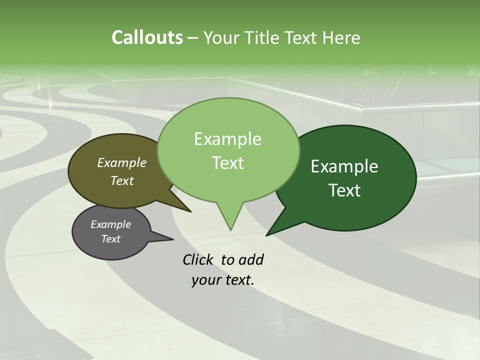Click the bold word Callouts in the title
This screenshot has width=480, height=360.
click(x=147, y=37)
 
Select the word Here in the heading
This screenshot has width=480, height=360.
click(x=341, y=37)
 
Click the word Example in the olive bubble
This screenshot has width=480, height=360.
click(x=122, y=162)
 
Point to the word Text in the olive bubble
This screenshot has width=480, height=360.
click(x=122, y=180)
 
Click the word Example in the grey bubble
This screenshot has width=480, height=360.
click(x=110, y=224)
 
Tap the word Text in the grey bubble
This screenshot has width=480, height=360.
click(x=110, y=239)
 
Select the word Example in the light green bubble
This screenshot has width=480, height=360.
click(x=227, y=139)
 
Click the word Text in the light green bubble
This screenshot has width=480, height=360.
click(x=227, y=163)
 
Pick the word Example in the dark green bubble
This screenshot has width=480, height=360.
click(x=344, y=166)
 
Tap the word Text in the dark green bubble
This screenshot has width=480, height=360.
click(x=344, y=190)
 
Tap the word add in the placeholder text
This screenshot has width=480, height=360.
click(x=251, y=259)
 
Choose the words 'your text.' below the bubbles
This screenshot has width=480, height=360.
click(x=223, y=280)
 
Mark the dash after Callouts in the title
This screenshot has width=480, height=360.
click(x=193, y=37)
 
